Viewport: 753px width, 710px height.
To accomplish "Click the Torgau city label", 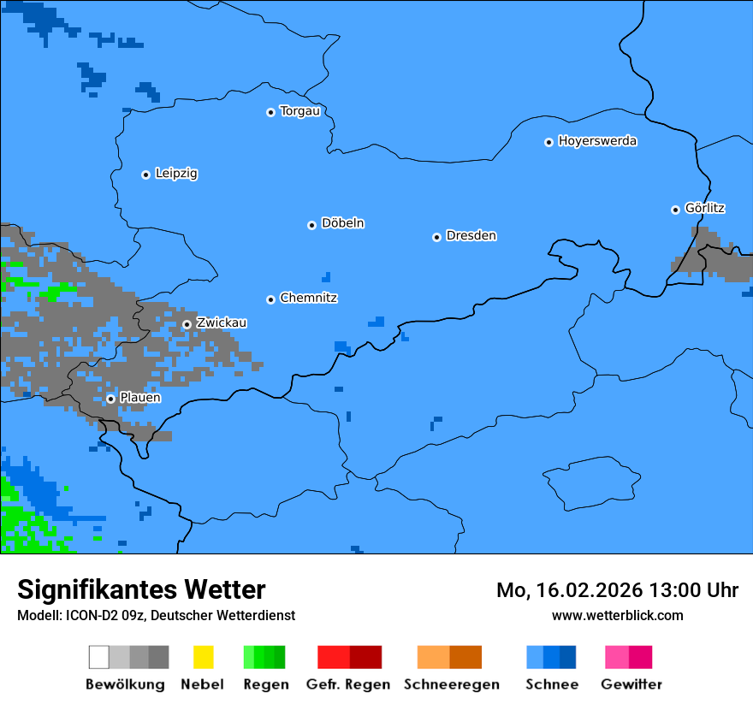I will [299, 111].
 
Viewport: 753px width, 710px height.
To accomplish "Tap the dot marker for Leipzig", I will [145, 175].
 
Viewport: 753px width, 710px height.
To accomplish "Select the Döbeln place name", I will [342, 223].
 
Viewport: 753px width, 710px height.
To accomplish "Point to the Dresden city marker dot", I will [436, 237].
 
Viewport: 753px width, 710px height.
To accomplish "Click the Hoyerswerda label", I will [597, 141].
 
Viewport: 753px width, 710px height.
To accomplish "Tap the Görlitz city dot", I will [675, 210].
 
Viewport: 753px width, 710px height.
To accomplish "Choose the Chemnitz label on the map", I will [308, 298].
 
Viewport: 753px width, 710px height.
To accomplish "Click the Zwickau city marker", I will [187, 324].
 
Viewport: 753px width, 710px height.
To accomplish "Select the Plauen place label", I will [139, 398].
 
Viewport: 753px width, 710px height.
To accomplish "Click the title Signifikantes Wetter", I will [141, 589].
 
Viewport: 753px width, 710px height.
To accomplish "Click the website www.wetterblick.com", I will [617, 615].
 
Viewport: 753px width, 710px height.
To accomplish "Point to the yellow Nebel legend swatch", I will [203, 657].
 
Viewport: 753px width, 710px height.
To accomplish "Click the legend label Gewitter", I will [631, 684].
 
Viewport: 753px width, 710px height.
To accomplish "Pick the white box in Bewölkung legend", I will [98, 657].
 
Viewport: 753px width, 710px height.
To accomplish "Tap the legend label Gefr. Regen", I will [347, 684].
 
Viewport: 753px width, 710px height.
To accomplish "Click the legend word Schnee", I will [551, 684].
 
